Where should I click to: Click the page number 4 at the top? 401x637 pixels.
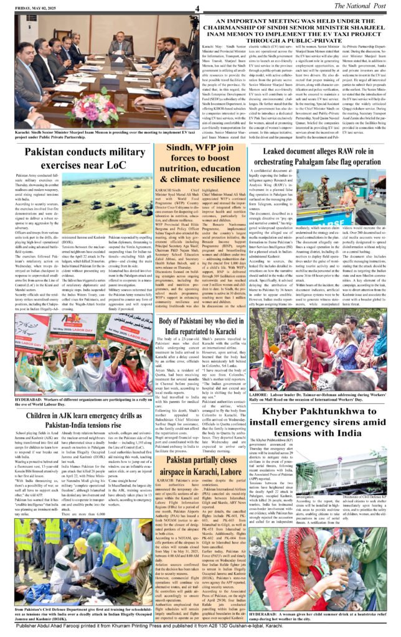tap(196, 8)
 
